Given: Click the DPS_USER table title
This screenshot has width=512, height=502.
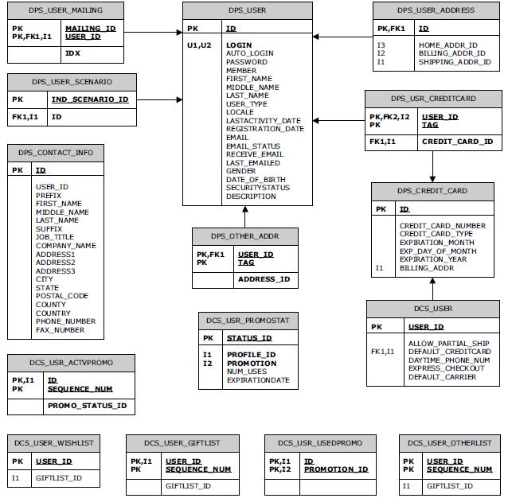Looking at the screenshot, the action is (x=246, y=11).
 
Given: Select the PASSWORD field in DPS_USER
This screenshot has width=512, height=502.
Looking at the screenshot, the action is (x=246, y=62).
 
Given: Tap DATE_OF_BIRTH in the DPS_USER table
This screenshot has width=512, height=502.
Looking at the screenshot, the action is (x=255, y=180).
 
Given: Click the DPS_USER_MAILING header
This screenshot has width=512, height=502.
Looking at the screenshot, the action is (x=66, y=11).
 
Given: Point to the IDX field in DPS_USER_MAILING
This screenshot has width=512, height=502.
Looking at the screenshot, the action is (x=72, y=53).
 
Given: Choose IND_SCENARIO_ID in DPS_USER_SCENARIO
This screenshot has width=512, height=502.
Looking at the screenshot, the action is (x=89, y=99).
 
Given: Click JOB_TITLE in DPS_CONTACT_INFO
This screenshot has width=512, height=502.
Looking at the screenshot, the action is (x=54, y=237).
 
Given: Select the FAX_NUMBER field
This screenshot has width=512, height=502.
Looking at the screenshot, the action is (x=60, y=329).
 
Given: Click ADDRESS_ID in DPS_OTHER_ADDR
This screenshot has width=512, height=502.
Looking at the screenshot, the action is (x=263, y=279).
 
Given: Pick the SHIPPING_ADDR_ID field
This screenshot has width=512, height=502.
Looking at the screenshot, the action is (x=455, y=62).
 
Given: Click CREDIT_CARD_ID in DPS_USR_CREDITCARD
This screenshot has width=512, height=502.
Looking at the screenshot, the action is (x=457, y=142).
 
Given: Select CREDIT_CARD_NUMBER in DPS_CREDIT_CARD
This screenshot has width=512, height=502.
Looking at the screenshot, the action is (x=442, y=226).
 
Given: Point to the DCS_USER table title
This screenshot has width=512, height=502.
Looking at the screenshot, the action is (x=432, y=309).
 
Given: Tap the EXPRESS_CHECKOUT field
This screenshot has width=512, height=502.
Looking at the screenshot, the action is (x=446, y=368).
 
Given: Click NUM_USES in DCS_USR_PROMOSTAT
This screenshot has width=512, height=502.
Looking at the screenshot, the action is (x=248, y=372).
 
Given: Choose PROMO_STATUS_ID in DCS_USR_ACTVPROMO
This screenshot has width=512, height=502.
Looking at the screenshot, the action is (x=87, y=406).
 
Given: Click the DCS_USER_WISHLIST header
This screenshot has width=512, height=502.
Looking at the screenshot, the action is (x=53, y=442).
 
